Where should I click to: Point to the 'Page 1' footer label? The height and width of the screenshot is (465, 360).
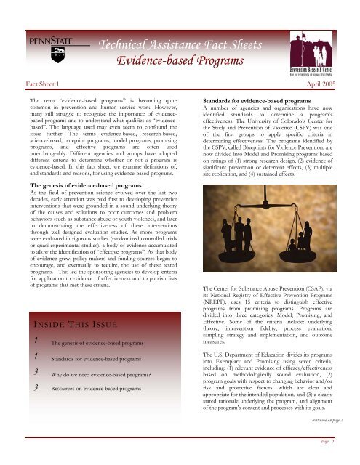[x=327, y=458]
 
